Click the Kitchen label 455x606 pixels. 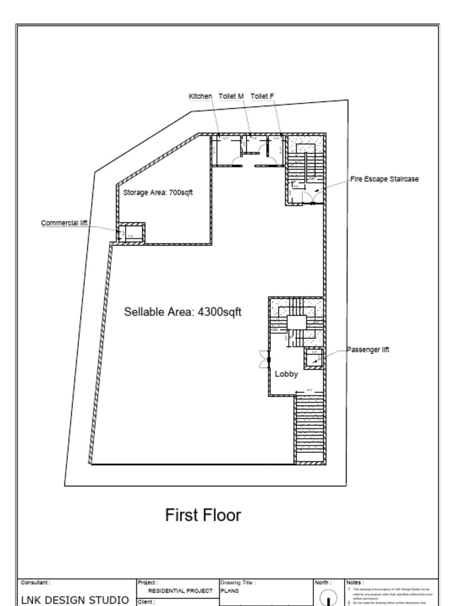pos(200,96)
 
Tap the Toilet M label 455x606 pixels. pos(231,96)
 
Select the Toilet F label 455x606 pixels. pos(262,96)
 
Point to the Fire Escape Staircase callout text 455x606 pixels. pos(384,179)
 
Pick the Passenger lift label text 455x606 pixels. pos(367,350)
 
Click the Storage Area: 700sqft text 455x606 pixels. pos(158,192)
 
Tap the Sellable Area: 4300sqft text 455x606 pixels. pos(182,312)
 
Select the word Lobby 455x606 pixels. pos(286,374)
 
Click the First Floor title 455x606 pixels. pos(203,515)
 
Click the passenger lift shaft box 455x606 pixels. pos(314,358)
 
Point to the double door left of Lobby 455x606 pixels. pos(264,359)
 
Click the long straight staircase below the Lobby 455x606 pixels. pos(310,429)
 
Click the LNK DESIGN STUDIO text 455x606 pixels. pos(75,600)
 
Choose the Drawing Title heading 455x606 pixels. pos(238,583)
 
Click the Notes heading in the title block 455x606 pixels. pos(355,583)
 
